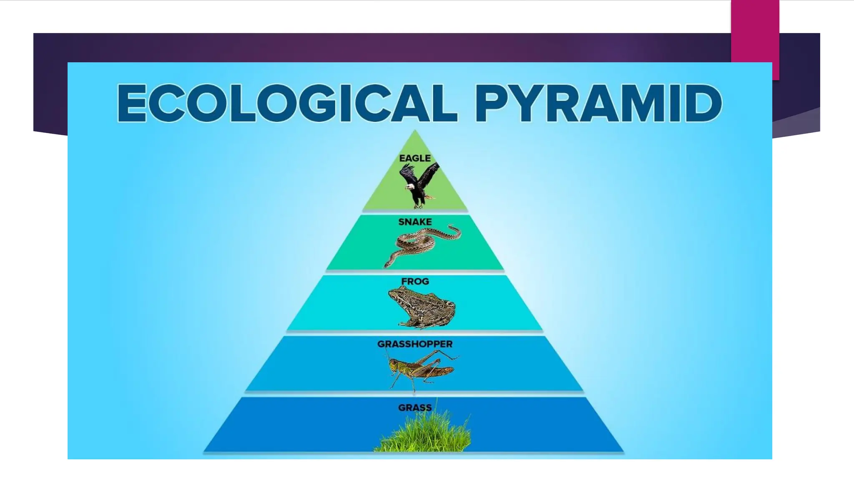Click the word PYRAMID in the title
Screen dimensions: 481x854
click(x=598, y=103)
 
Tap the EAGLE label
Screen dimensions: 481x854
click(x=414, y=158)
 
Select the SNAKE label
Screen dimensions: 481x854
click(x=415, y=222)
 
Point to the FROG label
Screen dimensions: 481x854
click(x=415, y=281)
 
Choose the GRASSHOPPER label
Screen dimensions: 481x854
click(x=414, y=344)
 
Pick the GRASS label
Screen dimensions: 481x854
click(x=414, y=408)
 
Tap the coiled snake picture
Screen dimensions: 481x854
click(x=421, y=244)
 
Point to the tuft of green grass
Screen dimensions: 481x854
click(x=423, y=434)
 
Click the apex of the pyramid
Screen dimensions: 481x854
click(x=414, y=132)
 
